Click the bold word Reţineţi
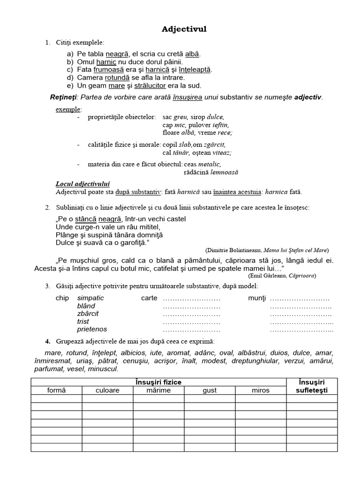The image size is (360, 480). tap(63, 97)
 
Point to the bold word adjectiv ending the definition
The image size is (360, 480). tap(308, 97)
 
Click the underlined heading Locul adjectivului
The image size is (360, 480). tap(82, 184)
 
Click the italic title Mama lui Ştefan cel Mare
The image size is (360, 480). tap(296, 250)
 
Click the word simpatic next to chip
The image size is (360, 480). tap(90, 298)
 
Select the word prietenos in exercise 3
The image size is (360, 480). tap(92, 330)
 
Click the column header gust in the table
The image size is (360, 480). tap(210, 390)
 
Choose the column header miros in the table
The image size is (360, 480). tap(260, 390)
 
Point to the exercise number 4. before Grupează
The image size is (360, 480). tap(47, 341)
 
